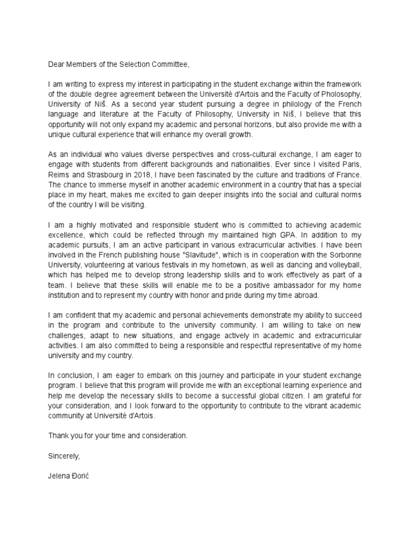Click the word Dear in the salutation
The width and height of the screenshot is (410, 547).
tap(57, 65)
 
